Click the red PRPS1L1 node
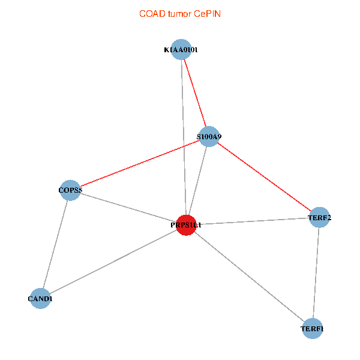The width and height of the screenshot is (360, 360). [x=187, y=225]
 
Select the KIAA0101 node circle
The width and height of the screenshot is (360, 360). [x=181, y=50]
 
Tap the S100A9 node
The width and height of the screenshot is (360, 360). [x=209, y=137]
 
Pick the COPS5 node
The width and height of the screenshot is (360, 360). [x=70, y=191]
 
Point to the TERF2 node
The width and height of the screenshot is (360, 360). [x=319, y=217]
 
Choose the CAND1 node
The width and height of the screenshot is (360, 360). [x=40, y=298]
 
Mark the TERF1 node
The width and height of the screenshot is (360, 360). [x=312, y=329]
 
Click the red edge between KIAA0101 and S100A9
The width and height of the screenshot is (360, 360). [x=195, y=94]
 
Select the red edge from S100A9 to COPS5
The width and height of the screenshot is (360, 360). [x=139, y=164]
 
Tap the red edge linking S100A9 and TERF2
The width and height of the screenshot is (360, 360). [x=264, y=177]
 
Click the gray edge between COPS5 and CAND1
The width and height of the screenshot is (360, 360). [x=55, y=245]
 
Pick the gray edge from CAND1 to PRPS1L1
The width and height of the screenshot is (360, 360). [x=113, y=262]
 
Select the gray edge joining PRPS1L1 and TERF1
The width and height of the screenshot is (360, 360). [x=249, y=277]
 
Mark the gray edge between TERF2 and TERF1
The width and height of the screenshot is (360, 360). [x=316, y=273]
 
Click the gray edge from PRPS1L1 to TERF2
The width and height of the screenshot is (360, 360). [x=253, y=221]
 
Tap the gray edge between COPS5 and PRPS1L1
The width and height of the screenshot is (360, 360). [x=128, y=208]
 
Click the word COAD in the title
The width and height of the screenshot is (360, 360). [x=151, y=13]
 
